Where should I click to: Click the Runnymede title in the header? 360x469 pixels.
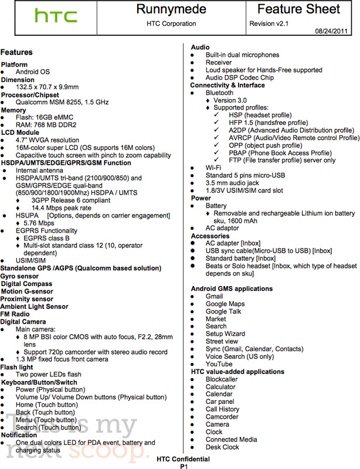[171, 9]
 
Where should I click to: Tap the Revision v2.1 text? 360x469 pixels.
[269, 23]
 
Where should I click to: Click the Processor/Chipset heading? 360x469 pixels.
[29, 95]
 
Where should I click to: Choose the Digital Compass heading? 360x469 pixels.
[26, 284]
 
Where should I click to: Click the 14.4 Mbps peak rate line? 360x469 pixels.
[61, 208]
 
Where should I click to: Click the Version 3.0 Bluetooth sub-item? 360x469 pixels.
[229, 100]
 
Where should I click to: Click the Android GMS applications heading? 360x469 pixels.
[232, 289]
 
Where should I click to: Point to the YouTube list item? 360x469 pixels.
[219, 364]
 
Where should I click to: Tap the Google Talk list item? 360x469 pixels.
[223, 311]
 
